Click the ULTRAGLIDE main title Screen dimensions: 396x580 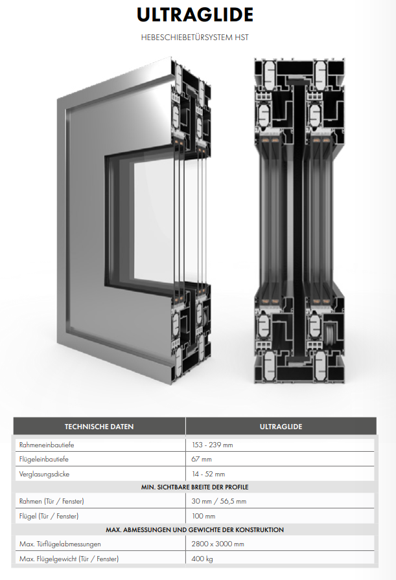coord(195,15)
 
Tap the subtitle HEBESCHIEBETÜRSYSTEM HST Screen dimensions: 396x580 coord(195,38)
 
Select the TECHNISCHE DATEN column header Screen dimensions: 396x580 coord(99,427)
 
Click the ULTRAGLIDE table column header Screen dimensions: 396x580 coord(281,427)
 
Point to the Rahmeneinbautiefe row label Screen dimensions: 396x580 coord(47,445)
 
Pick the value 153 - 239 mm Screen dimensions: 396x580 coord(213,445)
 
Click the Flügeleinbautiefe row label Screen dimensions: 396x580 coord(43,460)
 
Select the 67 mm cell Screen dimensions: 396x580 coord(202,460)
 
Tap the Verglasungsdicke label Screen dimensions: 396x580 coord(44,474)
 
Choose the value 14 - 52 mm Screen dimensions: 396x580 coord(208,474)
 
